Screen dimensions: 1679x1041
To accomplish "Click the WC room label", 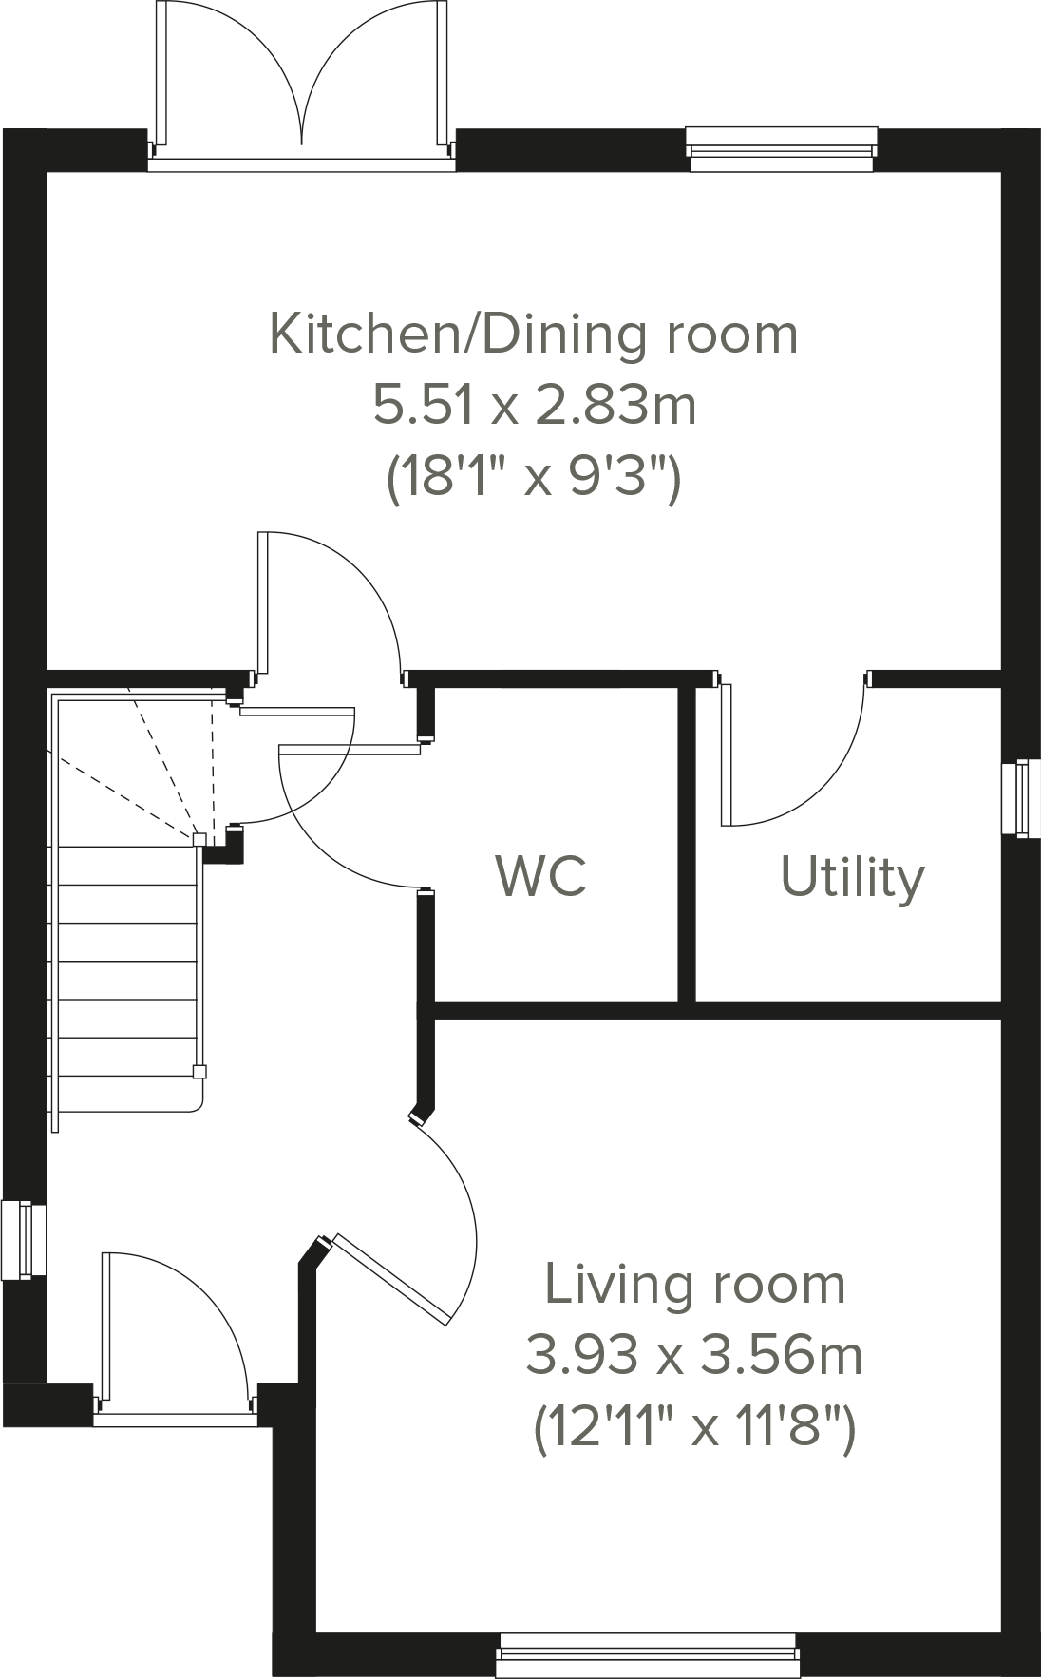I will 540,875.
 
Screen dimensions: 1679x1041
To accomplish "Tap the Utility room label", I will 852,877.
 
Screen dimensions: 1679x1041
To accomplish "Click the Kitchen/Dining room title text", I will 534,334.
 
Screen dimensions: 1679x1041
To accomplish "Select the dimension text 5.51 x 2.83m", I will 534,406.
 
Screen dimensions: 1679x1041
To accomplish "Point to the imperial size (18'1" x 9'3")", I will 534,477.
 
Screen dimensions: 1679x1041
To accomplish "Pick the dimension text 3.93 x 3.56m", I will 694,1355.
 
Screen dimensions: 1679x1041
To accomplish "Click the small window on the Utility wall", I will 1020,797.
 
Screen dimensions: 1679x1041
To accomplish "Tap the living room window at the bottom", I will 648,1655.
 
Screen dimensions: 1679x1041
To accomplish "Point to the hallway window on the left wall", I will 24,1239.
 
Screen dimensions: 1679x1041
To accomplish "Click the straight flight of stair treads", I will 128,979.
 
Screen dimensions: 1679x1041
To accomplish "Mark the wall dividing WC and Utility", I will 687,841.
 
